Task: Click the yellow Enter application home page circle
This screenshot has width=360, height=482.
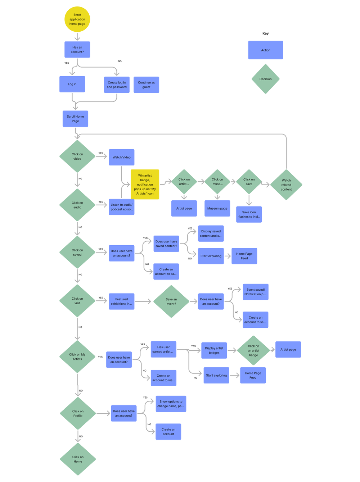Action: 77,19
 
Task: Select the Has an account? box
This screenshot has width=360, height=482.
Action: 77,50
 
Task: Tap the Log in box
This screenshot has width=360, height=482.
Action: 72,84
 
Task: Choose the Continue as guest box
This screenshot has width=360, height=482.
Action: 146,85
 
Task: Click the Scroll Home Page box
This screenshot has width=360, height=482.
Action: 75,119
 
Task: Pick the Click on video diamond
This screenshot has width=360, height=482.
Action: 77,156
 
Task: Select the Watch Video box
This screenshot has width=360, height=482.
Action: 122,157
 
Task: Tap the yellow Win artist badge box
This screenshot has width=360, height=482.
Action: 145,185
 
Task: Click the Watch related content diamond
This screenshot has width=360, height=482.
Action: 286,185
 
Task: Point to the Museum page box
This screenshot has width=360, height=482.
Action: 217,208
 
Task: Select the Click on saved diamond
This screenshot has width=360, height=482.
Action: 77,252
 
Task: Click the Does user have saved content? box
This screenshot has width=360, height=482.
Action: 166,244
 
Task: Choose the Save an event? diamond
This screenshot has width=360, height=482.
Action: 171,301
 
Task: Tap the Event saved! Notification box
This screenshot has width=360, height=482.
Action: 256,292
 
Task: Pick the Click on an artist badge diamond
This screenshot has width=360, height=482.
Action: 253,350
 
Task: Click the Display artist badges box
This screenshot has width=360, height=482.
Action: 214,350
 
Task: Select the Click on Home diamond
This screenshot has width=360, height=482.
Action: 78,459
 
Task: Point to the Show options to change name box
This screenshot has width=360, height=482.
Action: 171,404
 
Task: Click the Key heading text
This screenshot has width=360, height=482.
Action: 265,33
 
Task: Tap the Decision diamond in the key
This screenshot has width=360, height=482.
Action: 265,79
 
